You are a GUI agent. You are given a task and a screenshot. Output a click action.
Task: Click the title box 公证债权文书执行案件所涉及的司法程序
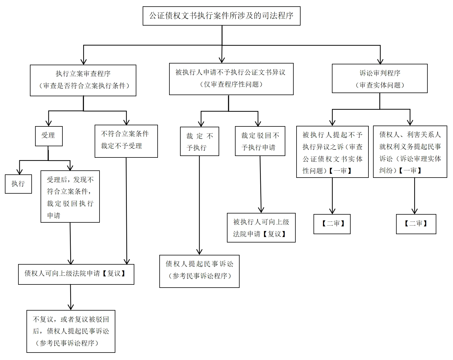[221, 16]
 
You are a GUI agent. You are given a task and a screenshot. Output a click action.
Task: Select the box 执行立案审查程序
[83, 80]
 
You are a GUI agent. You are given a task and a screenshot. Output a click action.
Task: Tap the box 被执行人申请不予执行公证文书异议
[231, 79]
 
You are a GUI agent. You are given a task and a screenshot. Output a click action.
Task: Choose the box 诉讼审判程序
[380, 78]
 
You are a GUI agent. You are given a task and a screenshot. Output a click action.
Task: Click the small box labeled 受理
[49, 136]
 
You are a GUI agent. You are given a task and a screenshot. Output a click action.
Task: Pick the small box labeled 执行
[18, 184]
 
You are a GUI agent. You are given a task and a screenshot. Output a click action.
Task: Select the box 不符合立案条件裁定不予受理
[126, 141]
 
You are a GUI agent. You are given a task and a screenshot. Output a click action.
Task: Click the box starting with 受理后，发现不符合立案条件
[70, 197]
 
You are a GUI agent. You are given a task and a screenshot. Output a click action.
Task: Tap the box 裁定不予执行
[199, 141]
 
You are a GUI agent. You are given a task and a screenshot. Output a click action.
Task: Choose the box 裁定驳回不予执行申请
[260, 141]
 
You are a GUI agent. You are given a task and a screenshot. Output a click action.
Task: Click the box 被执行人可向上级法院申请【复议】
[261, 228]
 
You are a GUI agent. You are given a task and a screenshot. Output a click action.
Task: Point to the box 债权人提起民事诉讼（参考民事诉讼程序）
[199, 271]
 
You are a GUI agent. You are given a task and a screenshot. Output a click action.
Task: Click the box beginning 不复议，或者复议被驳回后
[71, 331]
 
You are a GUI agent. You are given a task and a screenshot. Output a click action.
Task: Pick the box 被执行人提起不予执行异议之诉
[332, 152]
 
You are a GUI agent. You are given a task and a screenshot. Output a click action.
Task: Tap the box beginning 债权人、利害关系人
[410, 151]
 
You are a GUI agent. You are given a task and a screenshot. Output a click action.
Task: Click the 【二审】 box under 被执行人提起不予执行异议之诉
[332, 224]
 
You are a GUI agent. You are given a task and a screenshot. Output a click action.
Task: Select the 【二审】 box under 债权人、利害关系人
[416, 224]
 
